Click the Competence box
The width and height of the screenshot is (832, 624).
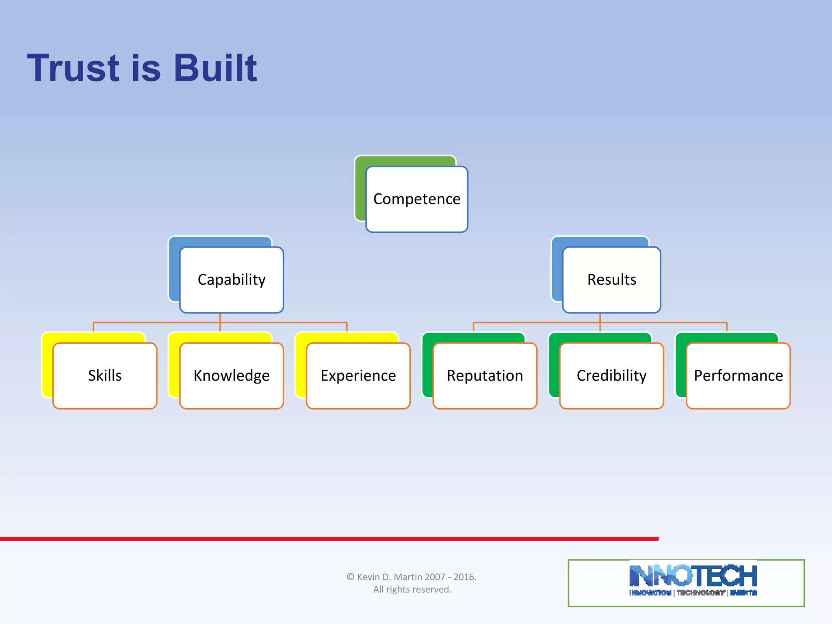coord(417,199)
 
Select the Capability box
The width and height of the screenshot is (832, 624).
coord(232,280)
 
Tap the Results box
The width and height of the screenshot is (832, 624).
coord(611,280)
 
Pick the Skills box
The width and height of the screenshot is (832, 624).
coord(105,376)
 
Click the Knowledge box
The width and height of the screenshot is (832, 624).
coord(232,376)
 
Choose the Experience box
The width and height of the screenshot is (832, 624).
coord(358,376)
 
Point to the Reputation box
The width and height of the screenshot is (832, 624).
coord(485,376)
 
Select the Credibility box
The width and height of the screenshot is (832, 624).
coord(611,376)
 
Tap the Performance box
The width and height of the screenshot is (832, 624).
coord(738,376)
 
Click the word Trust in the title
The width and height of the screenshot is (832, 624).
coord(73,68)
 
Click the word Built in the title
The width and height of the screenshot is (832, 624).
coord(215,68)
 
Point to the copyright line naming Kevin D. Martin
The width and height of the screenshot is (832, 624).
coord(412,577)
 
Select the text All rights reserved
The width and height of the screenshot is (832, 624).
coord(412,589)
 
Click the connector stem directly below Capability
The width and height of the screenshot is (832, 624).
coord(220,318)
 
